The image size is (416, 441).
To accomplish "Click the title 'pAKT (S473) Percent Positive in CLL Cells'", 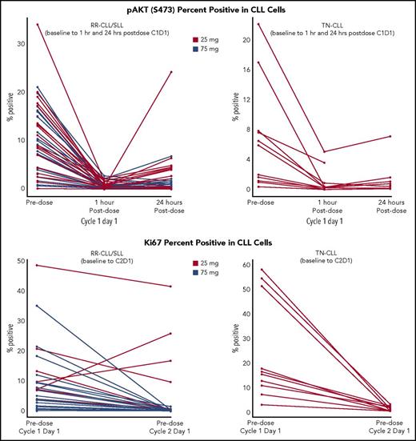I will (x=207, y=8).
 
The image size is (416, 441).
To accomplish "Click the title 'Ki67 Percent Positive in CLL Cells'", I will (x=207, y=232).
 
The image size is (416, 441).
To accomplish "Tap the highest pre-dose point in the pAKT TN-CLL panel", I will (x=258, y=24).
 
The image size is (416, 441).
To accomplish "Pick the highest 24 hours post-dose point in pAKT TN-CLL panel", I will (x=390, y=136).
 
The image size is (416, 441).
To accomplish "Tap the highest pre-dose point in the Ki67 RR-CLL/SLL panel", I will (x=37, y=265).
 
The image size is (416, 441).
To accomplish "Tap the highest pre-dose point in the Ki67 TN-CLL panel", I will (x=259, y=270).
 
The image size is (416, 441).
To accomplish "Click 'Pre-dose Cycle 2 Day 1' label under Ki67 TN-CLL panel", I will (x=390, y=427).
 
